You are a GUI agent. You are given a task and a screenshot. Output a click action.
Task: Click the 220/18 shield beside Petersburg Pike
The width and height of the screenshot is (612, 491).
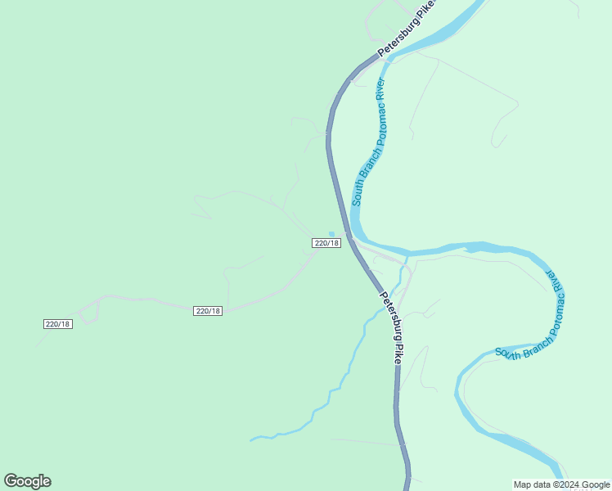pos(326,243)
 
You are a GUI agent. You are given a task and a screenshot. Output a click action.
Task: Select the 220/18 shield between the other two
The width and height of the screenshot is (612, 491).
pos(208,311)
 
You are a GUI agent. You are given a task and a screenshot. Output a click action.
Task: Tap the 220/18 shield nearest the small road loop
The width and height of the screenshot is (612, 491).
pos(58,324)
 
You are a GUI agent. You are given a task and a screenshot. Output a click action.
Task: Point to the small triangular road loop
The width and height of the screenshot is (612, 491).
pos(89,312)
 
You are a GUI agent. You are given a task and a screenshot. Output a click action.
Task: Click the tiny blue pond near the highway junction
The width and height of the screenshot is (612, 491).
pos(331,234)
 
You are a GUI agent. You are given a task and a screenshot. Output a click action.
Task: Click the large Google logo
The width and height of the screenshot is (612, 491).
pos(27,481)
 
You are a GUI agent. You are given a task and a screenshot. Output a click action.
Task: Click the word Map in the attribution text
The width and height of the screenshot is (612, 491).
pos(522,484)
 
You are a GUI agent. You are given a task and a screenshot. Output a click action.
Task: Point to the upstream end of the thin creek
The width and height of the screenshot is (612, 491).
pos(251,440)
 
